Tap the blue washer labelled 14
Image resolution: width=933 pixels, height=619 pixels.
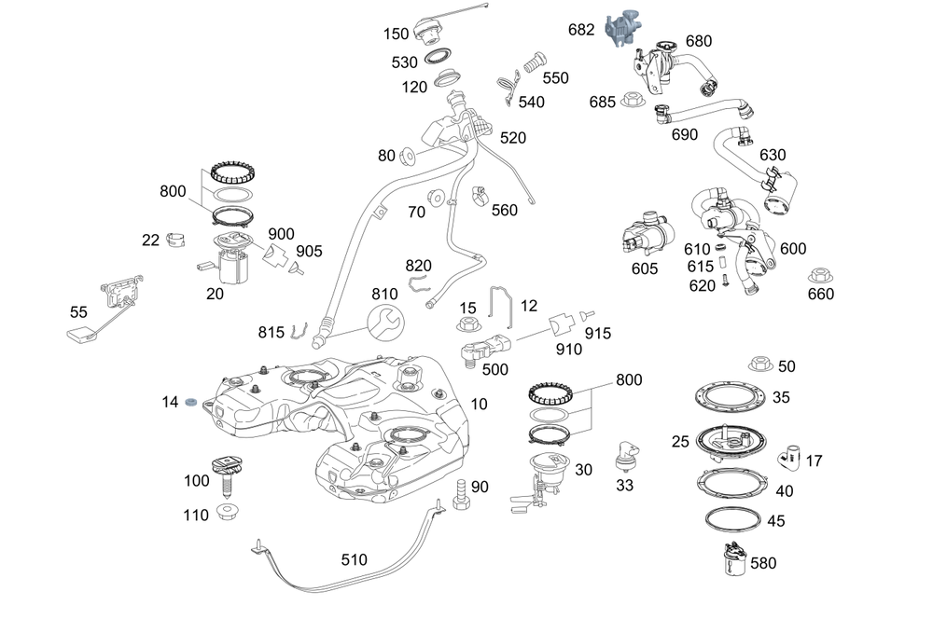point(190,403)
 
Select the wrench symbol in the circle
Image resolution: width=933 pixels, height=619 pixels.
point(387,321)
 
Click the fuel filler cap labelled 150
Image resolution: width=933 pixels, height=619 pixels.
point(430,31)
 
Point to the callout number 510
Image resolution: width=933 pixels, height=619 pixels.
point(354,560)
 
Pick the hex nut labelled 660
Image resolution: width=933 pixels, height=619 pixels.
point(820,277)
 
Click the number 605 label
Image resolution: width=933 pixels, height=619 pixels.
point(644,268)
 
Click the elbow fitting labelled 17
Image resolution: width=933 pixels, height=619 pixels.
point(789,457)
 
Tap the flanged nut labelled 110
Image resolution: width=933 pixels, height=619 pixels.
point(226,513)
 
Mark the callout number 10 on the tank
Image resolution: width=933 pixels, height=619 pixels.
point(479,404)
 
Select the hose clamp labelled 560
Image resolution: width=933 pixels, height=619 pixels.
point(479,196)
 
